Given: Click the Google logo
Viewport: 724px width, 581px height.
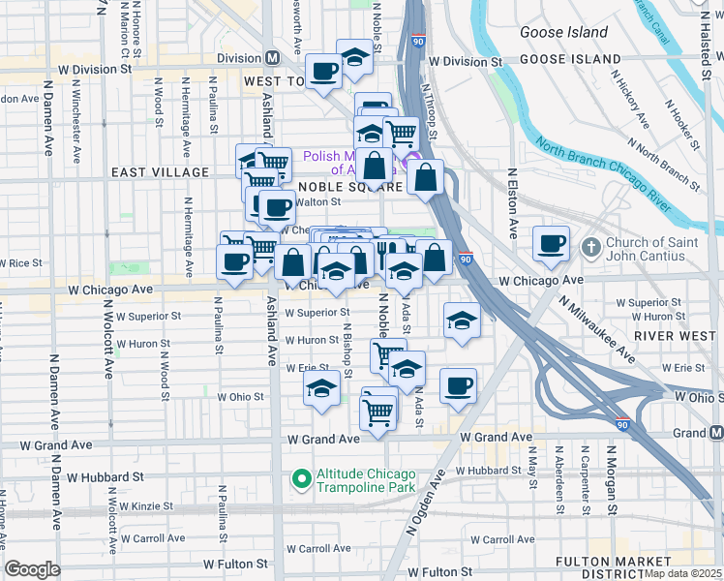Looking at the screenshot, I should (x=33, y=569).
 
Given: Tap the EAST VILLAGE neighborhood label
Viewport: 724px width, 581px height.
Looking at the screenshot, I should (x=160, y=172).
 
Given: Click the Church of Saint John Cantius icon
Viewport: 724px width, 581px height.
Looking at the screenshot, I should (x=590, y=244).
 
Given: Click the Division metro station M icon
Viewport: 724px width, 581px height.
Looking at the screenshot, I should (x=273, y=57).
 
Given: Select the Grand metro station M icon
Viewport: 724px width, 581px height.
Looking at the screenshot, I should (x=715, y=432).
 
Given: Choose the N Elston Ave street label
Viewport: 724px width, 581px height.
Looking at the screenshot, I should (x=512, y=204).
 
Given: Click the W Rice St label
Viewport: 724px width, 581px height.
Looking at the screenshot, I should (x=23, y=262).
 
